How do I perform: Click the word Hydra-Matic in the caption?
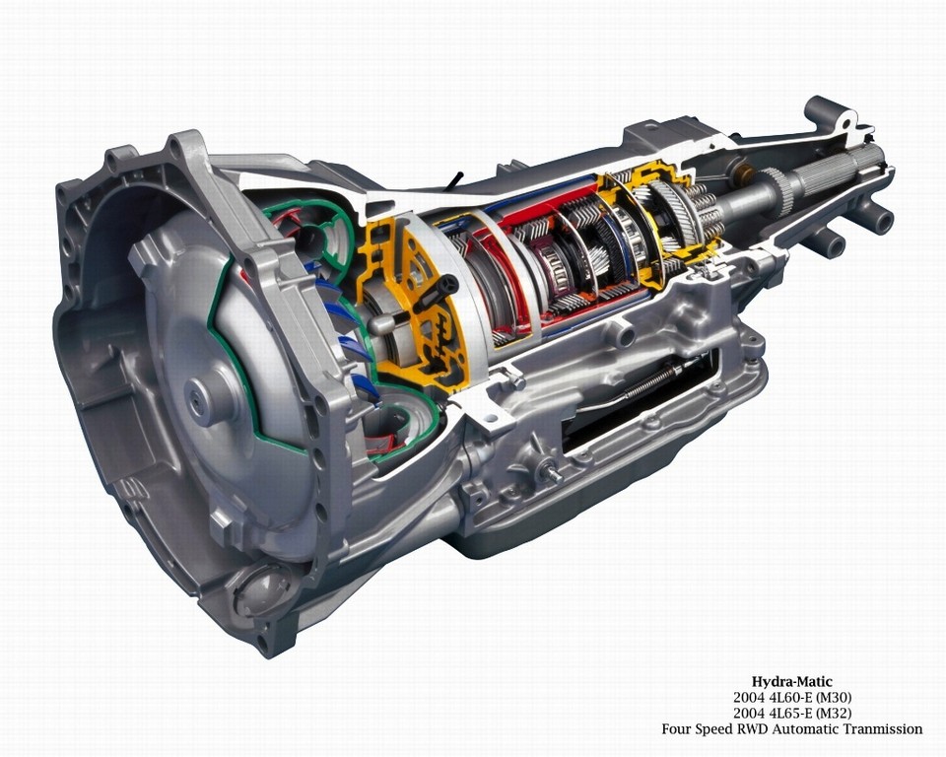[791, 682]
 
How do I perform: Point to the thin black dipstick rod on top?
[454, 181]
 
